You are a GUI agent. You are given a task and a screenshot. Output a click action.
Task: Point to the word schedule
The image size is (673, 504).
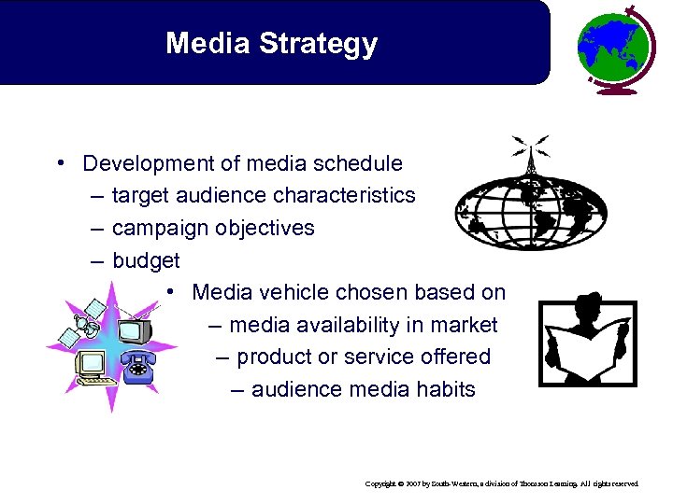(359, 163)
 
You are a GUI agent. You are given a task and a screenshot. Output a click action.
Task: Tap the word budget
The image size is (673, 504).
(146, 260)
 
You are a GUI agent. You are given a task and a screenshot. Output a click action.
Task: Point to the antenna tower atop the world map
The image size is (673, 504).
(528, 159)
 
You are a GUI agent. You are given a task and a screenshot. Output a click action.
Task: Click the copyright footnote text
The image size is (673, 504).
(502, 484)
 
